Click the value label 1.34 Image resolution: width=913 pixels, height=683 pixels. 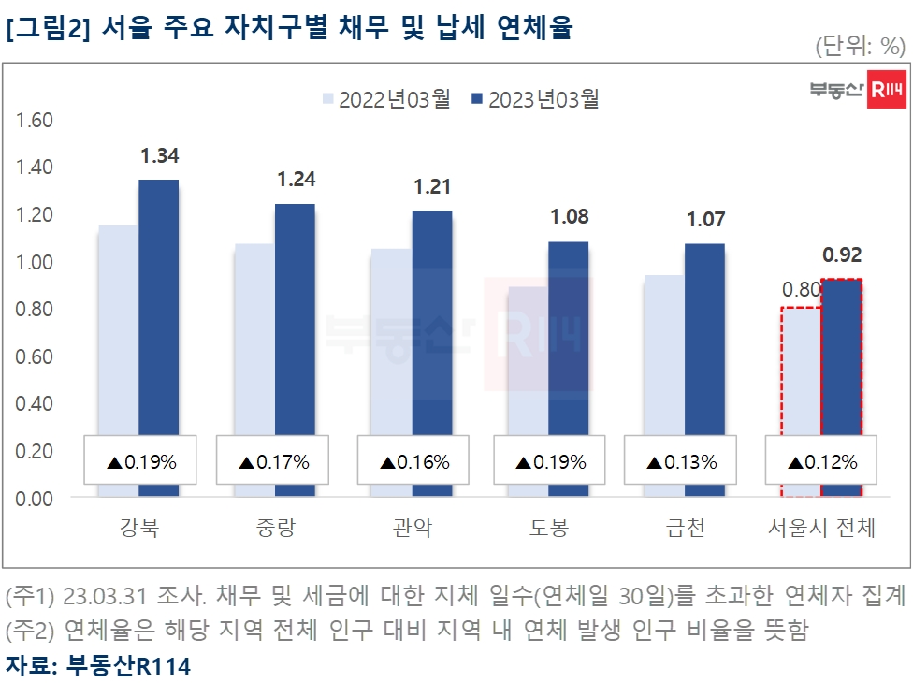coord(159,156)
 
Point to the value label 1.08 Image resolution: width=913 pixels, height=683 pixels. coord(569,217)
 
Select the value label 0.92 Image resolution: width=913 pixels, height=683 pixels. coord(841,254)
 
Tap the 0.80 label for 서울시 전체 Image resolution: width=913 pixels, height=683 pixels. coord(801,290)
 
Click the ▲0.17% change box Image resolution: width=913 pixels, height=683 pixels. coord(274,461)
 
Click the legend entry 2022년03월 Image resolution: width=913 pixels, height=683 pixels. coord(385,99)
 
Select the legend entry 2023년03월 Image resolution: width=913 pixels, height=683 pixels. coord(535,99)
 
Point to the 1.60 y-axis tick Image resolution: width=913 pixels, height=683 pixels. coord(35,121)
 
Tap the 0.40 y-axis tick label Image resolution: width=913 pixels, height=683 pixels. coord(35,404)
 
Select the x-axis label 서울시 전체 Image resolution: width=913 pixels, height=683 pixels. coord(816,530)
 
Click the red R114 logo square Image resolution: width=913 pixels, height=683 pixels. coord(886,89)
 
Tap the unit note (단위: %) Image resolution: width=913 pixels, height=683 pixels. coord(860,46)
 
